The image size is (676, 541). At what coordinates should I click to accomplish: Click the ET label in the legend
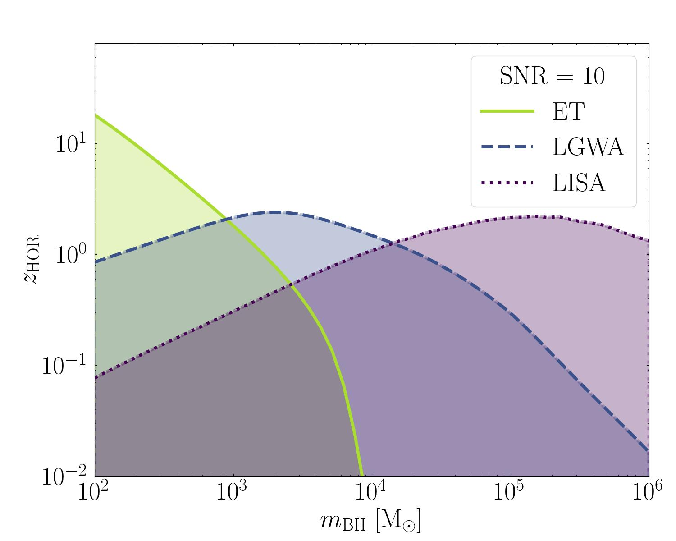[x=568, y=111]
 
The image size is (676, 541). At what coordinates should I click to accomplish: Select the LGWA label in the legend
[x=588, y=147]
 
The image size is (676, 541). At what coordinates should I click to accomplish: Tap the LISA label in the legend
[x=579, y=183]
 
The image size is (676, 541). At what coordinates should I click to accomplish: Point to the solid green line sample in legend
[x=507, y=111]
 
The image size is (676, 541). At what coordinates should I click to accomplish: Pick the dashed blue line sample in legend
[x=507, y=147]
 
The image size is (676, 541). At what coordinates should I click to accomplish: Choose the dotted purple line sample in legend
[x=507, y=183]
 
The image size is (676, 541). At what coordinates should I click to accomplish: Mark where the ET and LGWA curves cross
[x=226, y=220]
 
